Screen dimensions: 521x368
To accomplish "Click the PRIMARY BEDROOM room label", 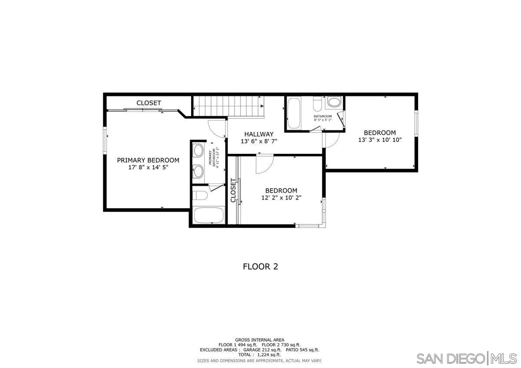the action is coord(148,160).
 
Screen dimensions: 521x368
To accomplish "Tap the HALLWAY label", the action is coord(259,134).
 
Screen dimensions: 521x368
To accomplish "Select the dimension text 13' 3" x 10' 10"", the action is coord(380,140).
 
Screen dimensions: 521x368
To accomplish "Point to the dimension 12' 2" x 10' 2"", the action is coord(281,198).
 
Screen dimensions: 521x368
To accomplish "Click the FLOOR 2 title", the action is coord(260,267).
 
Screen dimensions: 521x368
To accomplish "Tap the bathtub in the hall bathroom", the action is coord(294,113).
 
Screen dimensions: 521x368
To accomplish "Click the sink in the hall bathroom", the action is coord(334,102).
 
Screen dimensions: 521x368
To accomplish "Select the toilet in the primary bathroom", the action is coord(200,195).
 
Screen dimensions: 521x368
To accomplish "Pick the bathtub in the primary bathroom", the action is coord(209,215).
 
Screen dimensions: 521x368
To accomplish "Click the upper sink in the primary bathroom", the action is coord(198,150).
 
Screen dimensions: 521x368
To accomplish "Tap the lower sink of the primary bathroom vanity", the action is coord(198,171).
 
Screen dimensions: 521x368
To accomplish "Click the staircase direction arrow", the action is coord(262,106).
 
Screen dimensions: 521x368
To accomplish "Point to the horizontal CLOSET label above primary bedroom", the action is coord(148,103).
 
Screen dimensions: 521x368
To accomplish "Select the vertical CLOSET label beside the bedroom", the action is coord(233,190).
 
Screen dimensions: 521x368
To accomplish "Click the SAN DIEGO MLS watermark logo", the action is coord(467,359).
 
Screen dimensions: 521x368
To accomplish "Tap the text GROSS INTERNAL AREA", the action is coord(260,340).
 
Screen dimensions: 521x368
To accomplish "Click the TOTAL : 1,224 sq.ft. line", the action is coord(260,355).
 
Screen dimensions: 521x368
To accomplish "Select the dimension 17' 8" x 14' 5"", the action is coord(148,167).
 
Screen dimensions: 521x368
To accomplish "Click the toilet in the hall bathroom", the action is coord(317,104).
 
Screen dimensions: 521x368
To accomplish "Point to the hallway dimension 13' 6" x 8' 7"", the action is coord(259,141).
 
